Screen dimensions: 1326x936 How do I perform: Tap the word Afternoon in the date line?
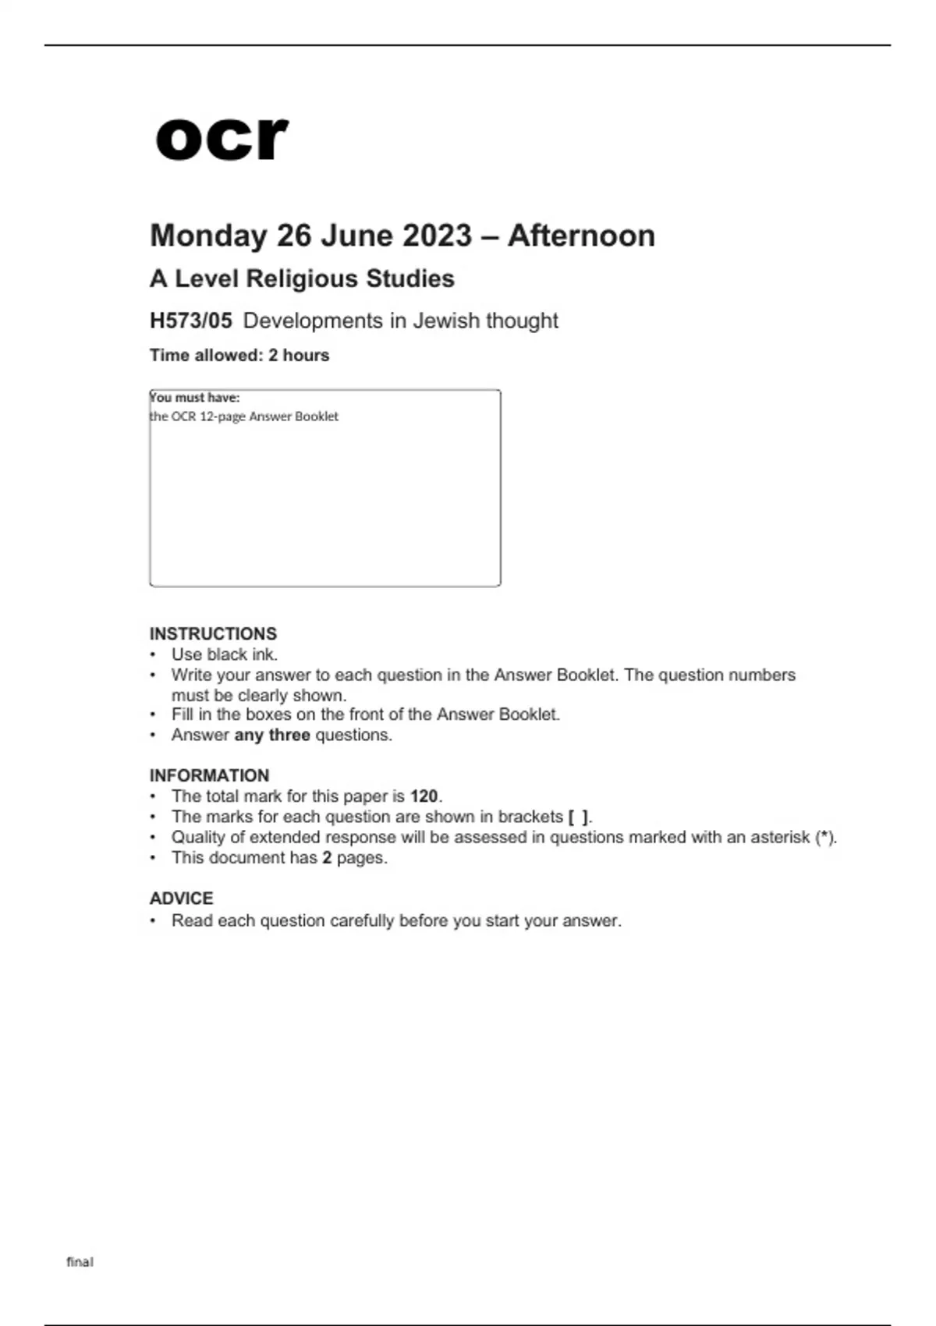[x=581, y=236]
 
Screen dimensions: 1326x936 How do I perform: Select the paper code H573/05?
[x=190, y=321]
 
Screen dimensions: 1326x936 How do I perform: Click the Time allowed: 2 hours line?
[x=239, y=355]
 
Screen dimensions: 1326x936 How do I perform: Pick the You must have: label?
[x=195, y=397]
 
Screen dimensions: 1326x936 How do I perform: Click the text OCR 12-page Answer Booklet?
[x=254, y=417]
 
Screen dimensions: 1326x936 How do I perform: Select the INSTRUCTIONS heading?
[x=213, y=633]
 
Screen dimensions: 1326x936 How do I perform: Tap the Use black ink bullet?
[x=225, y=654]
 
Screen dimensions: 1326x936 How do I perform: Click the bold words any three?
[x=272, y=735]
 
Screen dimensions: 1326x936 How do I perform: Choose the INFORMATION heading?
[x=209, y=775]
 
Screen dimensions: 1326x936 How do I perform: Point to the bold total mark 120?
[x=424, y=796]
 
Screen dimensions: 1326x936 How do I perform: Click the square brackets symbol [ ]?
[x=579, y=817]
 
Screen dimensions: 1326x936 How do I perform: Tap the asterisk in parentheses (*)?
[x=825, y=837]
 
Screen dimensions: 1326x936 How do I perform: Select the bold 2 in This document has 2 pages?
[x=327, y=858]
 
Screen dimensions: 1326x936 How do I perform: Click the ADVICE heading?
[x=181, y=899]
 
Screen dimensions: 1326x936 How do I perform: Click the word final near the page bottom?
[x=80, y=1262]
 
